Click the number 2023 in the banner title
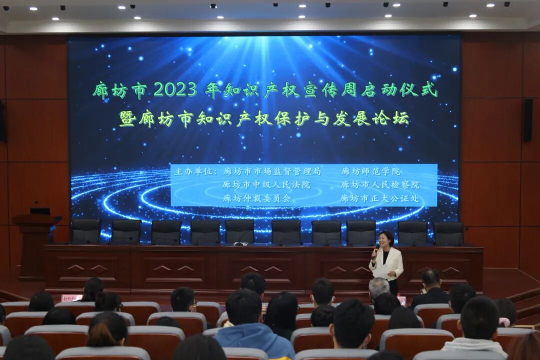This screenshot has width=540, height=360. [x=175, y=89]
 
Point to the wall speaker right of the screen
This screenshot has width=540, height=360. [x=528, y=119]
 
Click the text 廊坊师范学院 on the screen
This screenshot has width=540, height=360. [x=370, y=171]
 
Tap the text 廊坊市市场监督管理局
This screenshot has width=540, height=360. [x=271, y=171]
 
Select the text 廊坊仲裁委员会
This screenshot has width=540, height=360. [x=256, y=198]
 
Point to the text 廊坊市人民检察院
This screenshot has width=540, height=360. [x=380, y=185]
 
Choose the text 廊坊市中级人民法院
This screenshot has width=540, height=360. [x=266, y=185]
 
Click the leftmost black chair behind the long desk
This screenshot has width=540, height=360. [x=85, y=231]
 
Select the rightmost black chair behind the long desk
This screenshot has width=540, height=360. [x=448, y=233]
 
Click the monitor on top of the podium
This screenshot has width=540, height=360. [x=39, y=211]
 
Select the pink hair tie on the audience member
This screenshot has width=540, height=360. [x=504, y=321]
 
